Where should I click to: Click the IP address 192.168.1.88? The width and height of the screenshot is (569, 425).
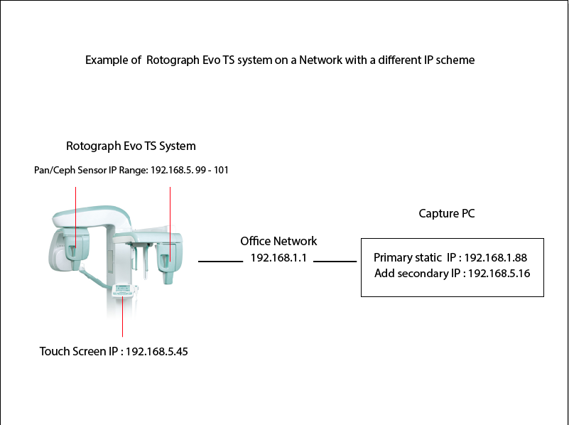495,257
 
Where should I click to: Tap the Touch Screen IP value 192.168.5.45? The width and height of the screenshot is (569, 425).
156,351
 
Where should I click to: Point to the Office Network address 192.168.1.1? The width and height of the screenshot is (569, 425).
278,258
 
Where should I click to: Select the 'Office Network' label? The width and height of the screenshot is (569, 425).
278,242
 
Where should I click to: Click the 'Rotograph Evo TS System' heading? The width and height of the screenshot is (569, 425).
131,146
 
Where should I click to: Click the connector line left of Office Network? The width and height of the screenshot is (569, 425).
220,262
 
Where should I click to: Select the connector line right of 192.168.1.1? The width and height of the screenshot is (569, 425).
335,262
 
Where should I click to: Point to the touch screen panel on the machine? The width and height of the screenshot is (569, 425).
123,290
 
